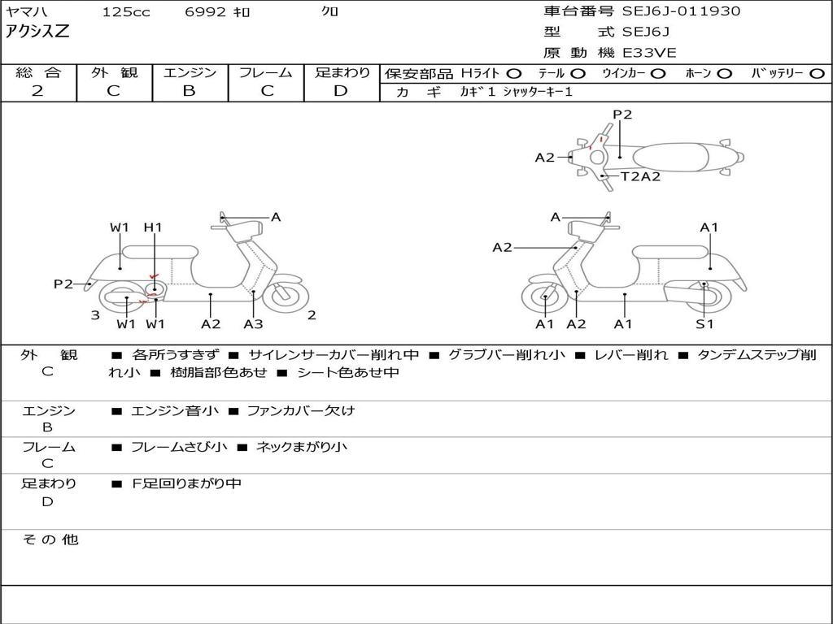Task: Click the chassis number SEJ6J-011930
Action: (x=681, y=11)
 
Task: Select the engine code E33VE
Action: (x=650, y=53)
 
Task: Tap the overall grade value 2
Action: (x=37, y=91)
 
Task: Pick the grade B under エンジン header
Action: (x=189, y=91)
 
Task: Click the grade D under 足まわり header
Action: (x=341, y=91)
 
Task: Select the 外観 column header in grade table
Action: (x=114, y=73)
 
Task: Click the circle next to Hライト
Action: (x=514, y=74)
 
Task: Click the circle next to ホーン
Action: (x=725, y=74)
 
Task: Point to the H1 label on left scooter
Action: (x=153, y=227)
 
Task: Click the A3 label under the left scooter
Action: (x=253, y=324)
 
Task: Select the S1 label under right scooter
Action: (x=704, y=324)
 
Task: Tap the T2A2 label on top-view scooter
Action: (x=640, y=176)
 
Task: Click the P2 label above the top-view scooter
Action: (x=622, y=115)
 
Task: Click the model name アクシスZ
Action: (x=38, y=32)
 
